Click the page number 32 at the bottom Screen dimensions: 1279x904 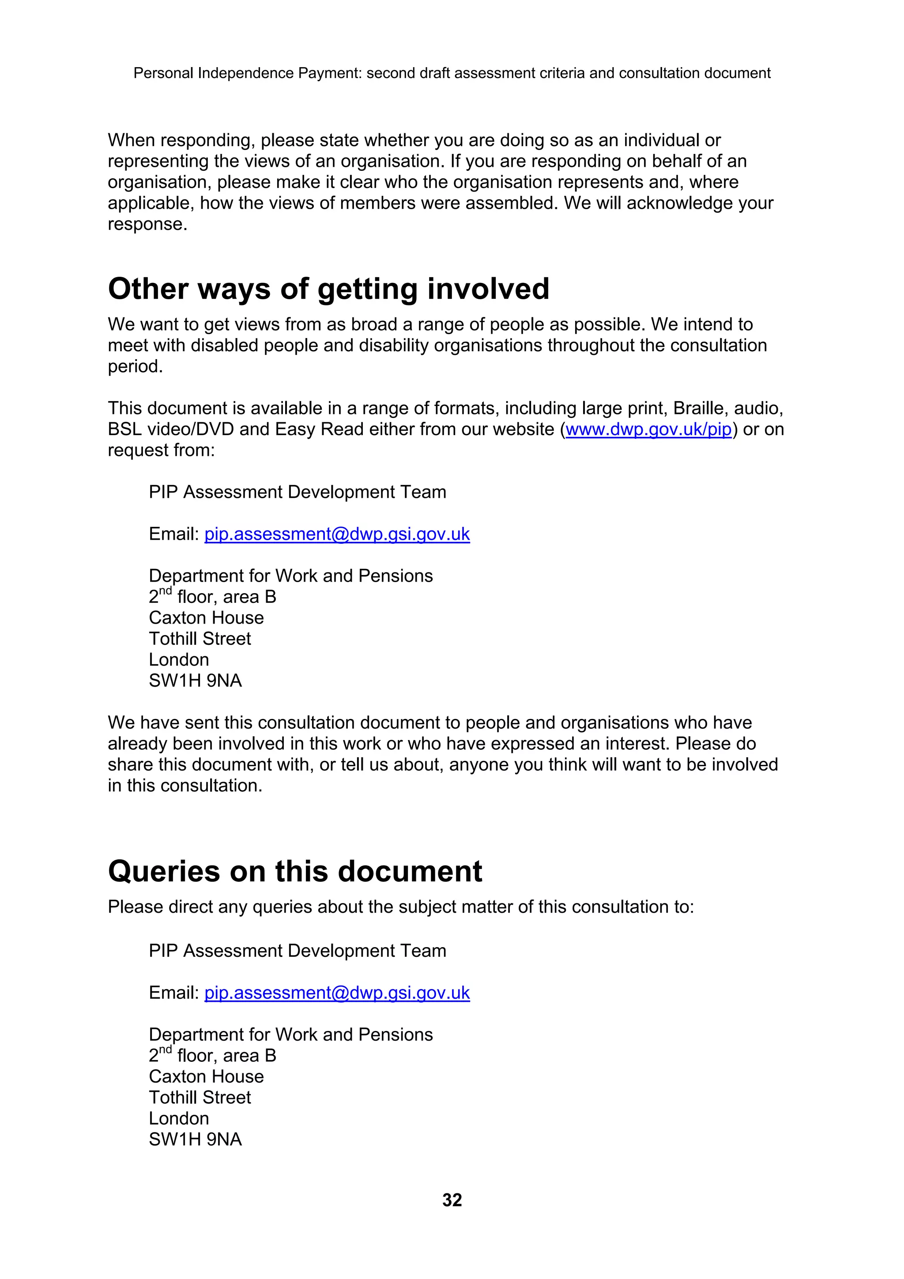point(452,1200)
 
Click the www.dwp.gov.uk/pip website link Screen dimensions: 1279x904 point(648,429)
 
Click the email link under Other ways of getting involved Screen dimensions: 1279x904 point(337,534)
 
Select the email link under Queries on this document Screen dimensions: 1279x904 point(337,993)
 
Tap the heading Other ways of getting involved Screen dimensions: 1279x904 point(328,289)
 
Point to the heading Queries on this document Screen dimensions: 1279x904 point(295,871)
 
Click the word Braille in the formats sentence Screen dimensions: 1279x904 point(698,408)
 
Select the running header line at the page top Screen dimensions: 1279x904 point(452,73)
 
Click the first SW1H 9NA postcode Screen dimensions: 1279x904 point(195,681)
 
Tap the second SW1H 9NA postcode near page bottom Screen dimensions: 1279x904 point(195,1139)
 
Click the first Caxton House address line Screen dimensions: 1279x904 point(206,618)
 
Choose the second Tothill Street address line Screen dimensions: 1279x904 point(200,1098)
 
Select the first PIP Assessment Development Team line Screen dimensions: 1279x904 point(298,493)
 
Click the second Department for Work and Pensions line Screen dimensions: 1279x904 point(291,1034)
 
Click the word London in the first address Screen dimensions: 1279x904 point(179,659)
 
